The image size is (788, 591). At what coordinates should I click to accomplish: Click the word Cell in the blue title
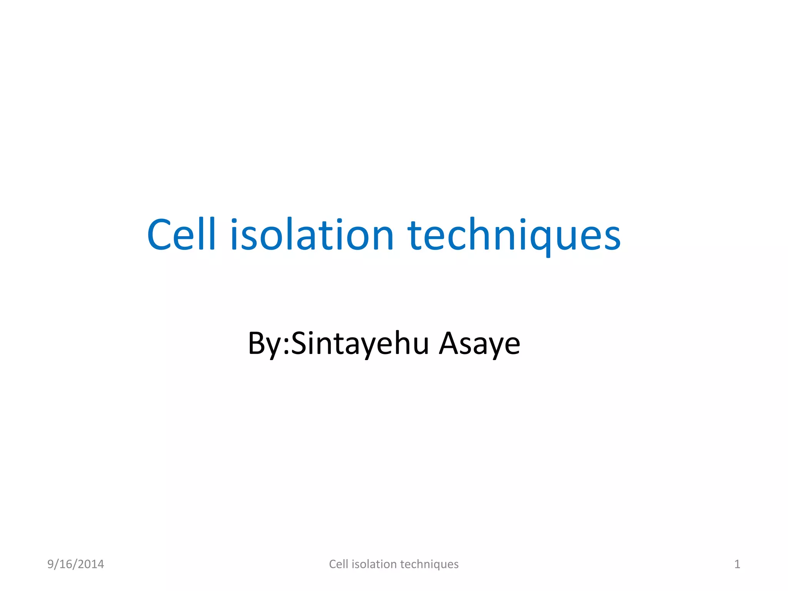181,235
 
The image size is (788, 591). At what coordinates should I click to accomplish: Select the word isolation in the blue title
312,235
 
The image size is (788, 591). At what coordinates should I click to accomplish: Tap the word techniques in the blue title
514,235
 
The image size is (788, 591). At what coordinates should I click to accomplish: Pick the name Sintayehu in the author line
360,343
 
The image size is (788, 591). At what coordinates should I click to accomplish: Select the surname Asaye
479,343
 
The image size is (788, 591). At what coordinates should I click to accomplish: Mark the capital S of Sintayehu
299,343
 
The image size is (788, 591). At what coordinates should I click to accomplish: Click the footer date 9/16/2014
75,564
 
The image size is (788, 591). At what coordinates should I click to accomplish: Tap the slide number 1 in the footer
737,564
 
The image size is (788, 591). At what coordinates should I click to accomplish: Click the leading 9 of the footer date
50,564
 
